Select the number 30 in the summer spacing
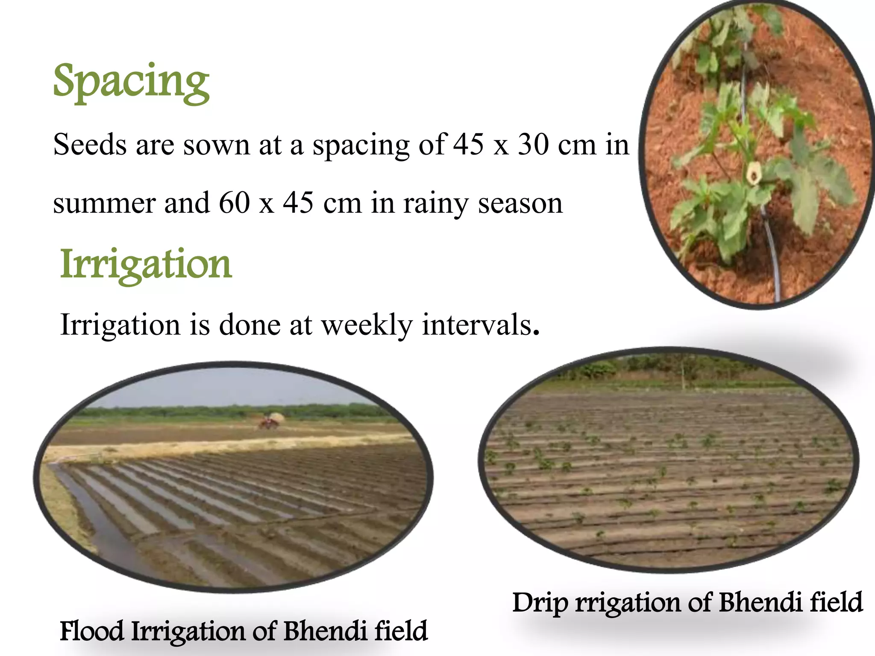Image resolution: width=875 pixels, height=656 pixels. [x=533, y=144]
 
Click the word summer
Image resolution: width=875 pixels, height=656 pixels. [x=104, y=203]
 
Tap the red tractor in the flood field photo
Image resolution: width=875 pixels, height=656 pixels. [x=268, y=423]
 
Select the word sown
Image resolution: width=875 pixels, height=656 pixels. [x=217, y=144]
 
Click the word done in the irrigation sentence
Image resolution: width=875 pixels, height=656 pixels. [x=250, y=325]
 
